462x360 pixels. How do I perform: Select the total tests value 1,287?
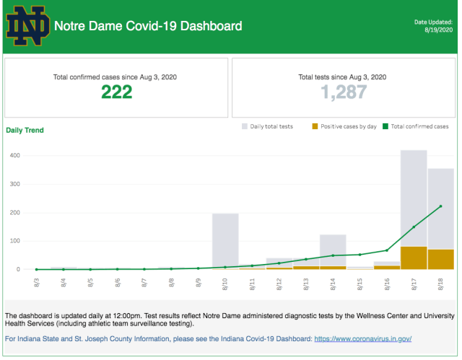[343, 92]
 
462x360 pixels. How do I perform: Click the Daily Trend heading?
[25, 131]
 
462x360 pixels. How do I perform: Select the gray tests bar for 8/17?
[414, 195]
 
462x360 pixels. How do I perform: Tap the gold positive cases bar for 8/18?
[440, 259]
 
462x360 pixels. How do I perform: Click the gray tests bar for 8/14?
[333, 249]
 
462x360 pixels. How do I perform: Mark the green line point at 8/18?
[440, 206]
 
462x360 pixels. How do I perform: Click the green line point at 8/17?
[414, 227]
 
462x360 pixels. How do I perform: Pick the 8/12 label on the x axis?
[279, 284]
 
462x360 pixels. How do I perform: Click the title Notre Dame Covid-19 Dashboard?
[149, 27]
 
